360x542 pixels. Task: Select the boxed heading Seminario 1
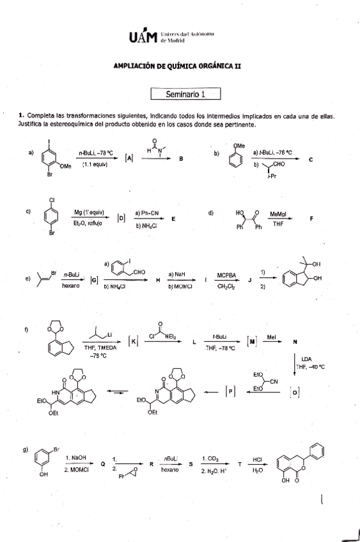185,94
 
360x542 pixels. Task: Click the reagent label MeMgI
278,213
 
